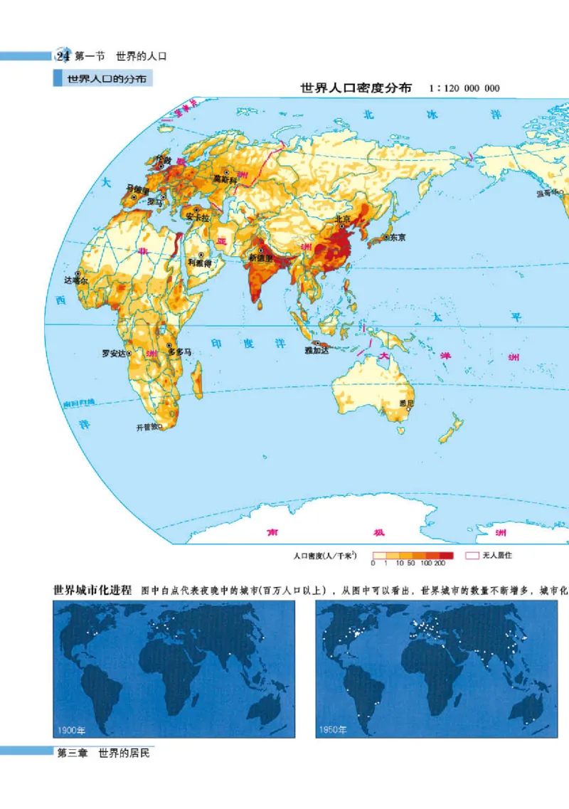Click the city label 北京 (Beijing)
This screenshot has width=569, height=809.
(x=343, y=219)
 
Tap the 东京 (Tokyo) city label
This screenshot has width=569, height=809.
(x=397, y=238)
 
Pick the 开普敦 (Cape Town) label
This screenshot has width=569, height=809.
(x=147, y=428)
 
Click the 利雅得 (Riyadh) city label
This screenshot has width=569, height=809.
(x=200, y=262)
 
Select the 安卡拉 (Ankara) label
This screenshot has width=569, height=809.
(x=196, y=216)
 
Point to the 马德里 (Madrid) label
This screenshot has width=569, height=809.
(x=137, y=189)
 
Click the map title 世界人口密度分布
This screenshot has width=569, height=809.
(x=356, y=89)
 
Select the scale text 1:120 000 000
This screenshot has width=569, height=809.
(x=464, y=89)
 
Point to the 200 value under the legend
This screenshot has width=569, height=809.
(x=440, y=563)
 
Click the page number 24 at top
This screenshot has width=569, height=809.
(x=63, y=56)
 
